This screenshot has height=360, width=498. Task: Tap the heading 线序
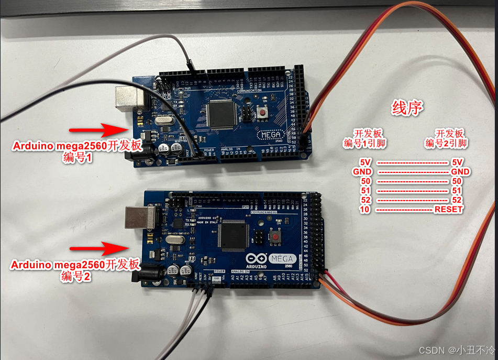[x=407, y=108]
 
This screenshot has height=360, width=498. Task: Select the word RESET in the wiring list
[x=449, y=210]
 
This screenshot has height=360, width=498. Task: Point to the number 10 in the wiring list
[x=366, y=210]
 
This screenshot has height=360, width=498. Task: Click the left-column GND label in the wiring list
[x=362, y=171]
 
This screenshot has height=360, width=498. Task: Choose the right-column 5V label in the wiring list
[x=458, y=162]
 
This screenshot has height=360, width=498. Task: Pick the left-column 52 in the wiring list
[x=366, y=200]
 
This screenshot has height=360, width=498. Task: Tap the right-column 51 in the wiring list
[x=457, y=191]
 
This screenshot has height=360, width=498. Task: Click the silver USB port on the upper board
[x=126, y=99]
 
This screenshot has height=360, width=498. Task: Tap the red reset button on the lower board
[x=274, y=238]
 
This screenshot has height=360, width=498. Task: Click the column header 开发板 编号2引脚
[x=446, y=138]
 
